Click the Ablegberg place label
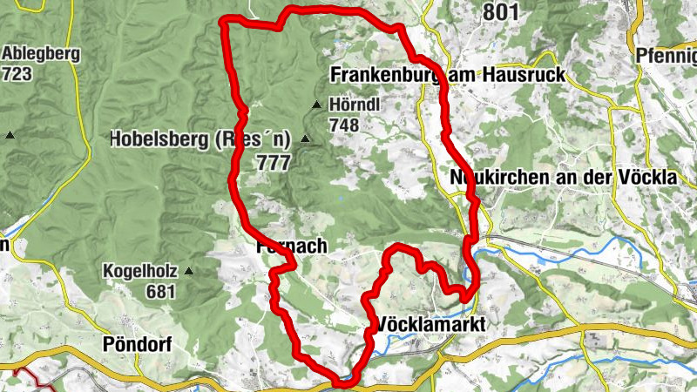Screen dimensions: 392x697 point(41,54)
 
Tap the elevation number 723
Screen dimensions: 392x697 point(17,74)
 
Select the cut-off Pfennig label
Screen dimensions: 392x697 point(666,54)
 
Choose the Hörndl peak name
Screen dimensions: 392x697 point(355,105)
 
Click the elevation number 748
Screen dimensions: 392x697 point(344,125)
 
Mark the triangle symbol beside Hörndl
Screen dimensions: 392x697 point(316,105)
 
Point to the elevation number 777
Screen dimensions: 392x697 point(273,162)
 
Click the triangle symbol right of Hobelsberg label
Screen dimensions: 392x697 point(305,139)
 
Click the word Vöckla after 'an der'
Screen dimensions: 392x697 point(650,178)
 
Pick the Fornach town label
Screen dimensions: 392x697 point(293,247)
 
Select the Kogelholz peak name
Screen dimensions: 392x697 point(140,271)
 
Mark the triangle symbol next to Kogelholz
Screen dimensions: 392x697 point(188,271)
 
